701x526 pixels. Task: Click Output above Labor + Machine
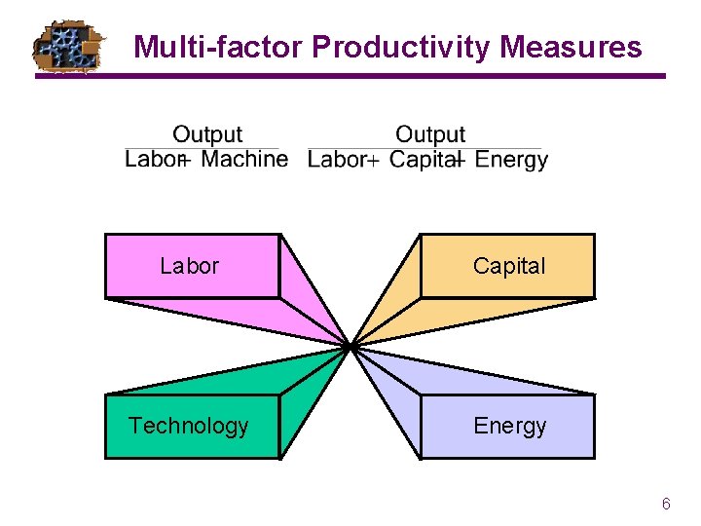click(x=207, y=134)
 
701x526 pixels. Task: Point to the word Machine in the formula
click(x=244, y=159)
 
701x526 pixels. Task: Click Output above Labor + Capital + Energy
click(x=430, y=134)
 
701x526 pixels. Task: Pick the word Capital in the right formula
click(x=424, y=159)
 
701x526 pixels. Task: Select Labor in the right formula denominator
click(x=336, y=159)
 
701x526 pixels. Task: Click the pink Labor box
click(x=191, y=265)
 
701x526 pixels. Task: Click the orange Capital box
click(x=508, y=265)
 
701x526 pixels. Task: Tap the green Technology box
click(x=190, y=426)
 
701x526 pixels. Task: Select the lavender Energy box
click(x=508, y=426)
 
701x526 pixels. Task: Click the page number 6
click(x=666, y=504)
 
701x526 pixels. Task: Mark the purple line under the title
click(x=389, y=76)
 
